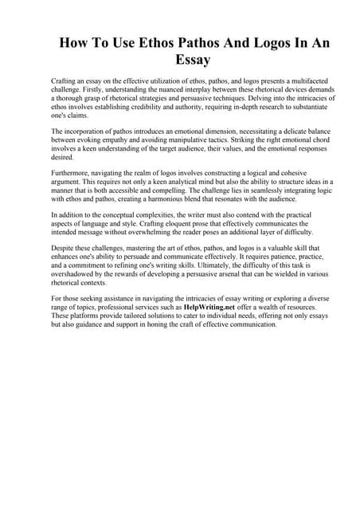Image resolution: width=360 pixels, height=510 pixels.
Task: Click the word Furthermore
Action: click(x=74, y=173)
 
